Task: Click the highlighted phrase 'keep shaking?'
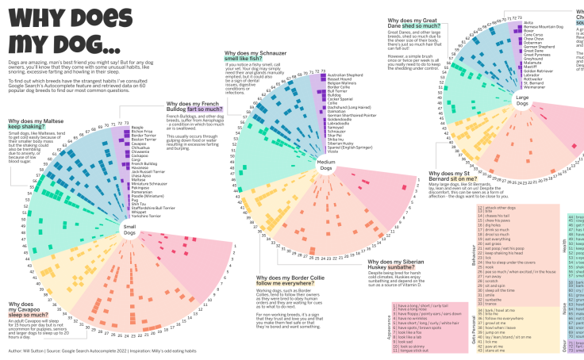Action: tap(27, 126)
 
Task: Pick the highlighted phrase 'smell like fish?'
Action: tap(249, 59)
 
